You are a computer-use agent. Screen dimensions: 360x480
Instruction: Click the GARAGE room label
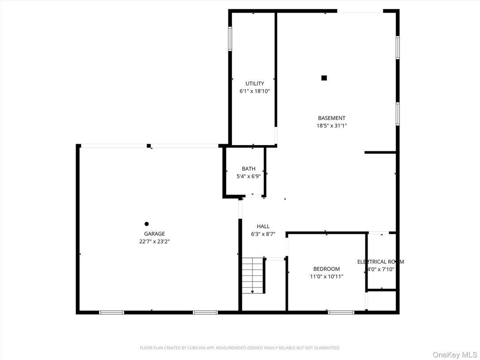click(154, 234)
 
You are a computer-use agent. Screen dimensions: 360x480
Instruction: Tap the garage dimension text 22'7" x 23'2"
click(154, 241)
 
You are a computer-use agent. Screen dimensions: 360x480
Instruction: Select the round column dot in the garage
click(146, 224)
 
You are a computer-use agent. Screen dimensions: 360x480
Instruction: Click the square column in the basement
click(324, 78)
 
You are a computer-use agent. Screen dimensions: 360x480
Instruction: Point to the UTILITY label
click(254, 83)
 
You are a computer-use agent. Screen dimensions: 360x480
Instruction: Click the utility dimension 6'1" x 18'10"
click(254, 91)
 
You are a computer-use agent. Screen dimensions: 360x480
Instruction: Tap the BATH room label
click(249, 169)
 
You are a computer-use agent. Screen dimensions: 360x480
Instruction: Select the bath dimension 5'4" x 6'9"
click(249, 176)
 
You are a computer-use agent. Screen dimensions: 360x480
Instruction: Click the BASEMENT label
click(332, 118)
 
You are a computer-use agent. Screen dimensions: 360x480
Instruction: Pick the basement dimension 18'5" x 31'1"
click(332, 126)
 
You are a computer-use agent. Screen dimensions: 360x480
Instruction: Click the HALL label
click(263, 227)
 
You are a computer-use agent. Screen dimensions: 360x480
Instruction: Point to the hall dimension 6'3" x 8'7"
click(263, 234)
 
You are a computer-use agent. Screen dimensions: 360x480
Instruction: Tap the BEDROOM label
click(326, 269)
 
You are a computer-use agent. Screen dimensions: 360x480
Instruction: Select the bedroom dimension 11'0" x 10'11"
click(326, 276)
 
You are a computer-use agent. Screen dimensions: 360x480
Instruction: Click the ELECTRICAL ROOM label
click(381, 261)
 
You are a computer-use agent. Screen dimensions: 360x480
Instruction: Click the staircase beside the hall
click(253, 275)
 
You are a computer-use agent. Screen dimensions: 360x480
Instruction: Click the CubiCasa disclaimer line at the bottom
click(240, 347)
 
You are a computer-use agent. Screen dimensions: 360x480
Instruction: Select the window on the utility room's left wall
click(230, 39)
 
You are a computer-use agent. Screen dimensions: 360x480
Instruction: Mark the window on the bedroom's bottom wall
click(341, 312)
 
